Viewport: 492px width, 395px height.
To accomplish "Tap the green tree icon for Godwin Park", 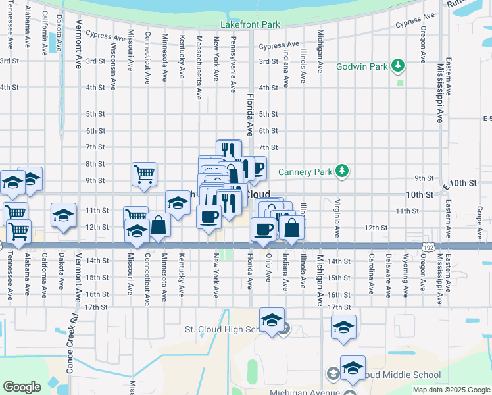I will [x=397, y=66].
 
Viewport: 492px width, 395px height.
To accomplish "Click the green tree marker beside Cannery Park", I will [x=341, y=171].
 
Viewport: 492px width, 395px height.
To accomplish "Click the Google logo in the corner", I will [x=22, y=387].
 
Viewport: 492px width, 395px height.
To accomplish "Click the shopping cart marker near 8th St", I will [x=144, y=174].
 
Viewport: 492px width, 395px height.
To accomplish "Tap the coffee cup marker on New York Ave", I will [x=209, y=217].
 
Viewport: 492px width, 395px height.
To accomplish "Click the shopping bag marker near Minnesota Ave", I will [x=159, y=225].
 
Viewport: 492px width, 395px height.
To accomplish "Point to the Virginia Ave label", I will [x=337, y=218].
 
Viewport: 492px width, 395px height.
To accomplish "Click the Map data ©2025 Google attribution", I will [x=451, y=390].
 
